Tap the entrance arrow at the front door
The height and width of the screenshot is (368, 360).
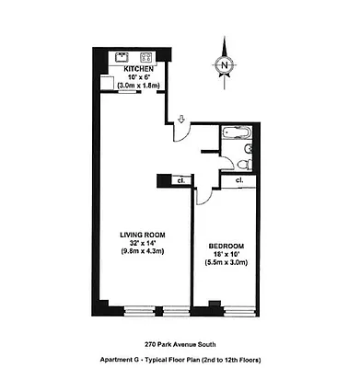point(181,119)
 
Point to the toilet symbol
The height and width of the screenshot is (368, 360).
point(241,164)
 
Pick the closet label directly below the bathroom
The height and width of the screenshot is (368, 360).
point(238,181)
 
